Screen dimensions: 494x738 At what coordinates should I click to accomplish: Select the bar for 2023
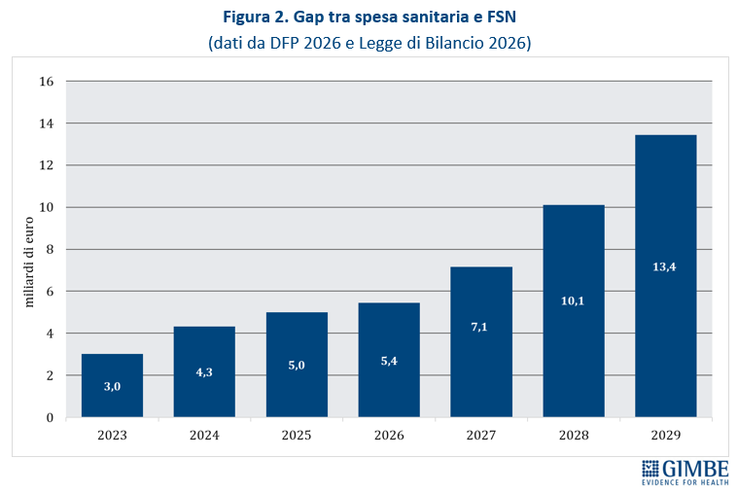point(112,385)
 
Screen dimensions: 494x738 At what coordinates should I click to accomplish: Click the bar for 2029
point(665,276)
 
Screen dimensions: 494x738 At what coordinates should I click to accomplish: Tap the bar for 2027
point(481,341)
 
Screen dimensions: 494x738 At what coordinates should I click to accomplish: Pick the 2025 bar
point(297,365)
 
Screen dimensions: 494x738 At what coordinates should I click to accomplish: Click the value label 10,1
point(573,301)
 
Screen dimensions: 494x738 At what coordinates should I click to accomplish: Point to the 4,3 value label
point(204,370)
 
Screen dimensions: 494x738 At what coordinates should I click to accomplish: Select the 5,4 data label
point(389,360)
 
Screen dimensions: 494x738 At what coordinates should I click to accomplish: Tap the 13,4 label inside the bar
point(665,266)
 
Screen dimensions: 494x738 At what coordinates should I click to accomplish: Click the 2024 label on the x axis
point(204,436)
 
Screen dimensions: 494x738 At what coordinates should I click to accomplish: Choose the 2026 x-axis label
point(389,436)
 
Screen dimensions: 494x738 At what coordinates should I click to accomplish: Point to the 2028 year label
point(573,436)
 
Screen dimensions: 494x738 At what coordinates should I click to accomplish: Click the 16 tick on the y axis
point(46,82)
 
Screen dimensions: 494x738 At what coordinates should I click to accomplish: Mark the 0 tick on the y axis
point(50,417)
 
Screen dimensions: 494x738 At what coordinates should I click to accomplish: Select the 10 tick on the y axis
point(46,207)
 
